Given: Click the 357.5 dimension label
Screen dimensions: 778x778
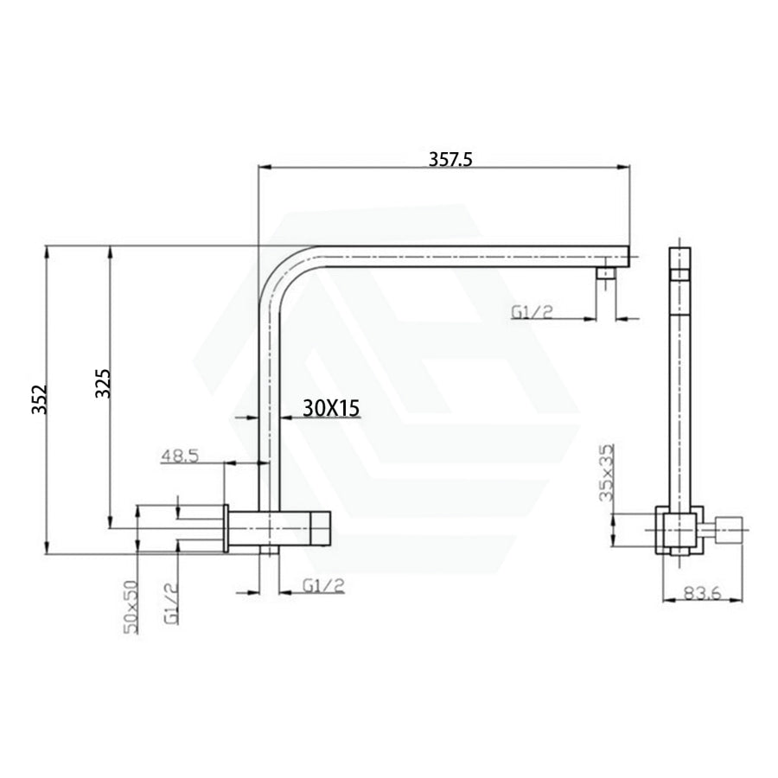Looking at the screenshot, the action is [x=450, y=159].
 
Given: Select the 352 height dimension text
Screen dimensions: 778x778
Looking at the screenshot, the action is [x=39, y=399].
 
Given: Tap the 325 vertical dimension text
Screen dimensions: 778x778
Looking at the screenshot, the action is [x=103, y=383].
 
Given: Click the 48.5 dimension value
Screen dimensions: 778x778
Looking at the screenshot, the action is [x=180, y=456].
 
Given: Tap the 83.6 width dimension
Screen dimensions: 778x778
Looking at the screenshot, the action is [x=703, y=593].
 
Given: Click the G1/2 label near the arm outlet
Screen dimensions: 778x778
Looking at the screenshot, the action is [x=532, y=312].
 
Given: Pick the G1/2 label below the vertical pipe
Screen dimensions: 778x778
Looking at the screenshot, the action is [x=323, y=585].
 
